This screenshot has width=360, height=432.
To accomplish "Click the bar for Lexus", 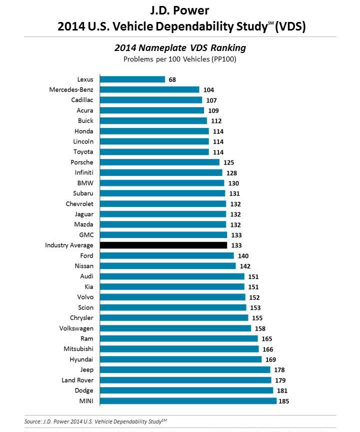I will pos(132,79).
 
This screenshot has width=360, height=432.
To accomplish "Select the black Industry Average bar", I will pos(163,245).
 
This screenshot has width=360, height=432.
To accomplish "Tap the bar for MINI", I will pos(188,401).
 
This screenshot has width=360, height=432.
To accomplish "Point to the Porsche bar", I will pos(159,162).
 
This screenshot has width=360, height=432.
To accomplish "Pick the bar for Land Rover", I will pos(185,380).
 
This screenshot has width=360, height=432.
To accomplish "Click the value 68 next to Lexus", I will pos(172,79).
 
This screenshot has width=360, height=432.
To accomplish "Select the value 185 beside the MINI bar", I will pos(284,401).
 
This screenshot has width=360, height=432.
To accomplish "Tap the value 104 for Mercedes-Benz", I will pos(208,89).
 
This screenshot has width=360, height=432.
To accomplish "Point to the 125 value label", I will pos(228,162).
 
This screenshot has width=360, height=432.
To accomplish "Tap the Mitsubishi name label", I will pos(78,349).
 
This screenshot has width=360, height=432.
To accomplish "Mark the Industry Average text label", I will pos(69,245).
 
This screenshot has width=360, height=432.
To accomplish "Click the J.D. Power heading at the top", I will pos(180,10).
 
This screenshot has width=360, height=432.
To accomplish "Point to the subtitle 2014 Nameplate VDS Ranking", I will pos(180,48).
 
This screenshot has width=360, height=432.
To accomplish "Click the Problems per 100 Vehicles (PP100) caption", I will pos(180,59).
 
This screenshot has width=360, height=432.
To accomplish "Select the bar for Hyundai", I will pos(180,359).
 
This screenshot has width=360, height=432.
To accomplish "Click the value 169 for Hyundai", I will pos(270,359).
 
